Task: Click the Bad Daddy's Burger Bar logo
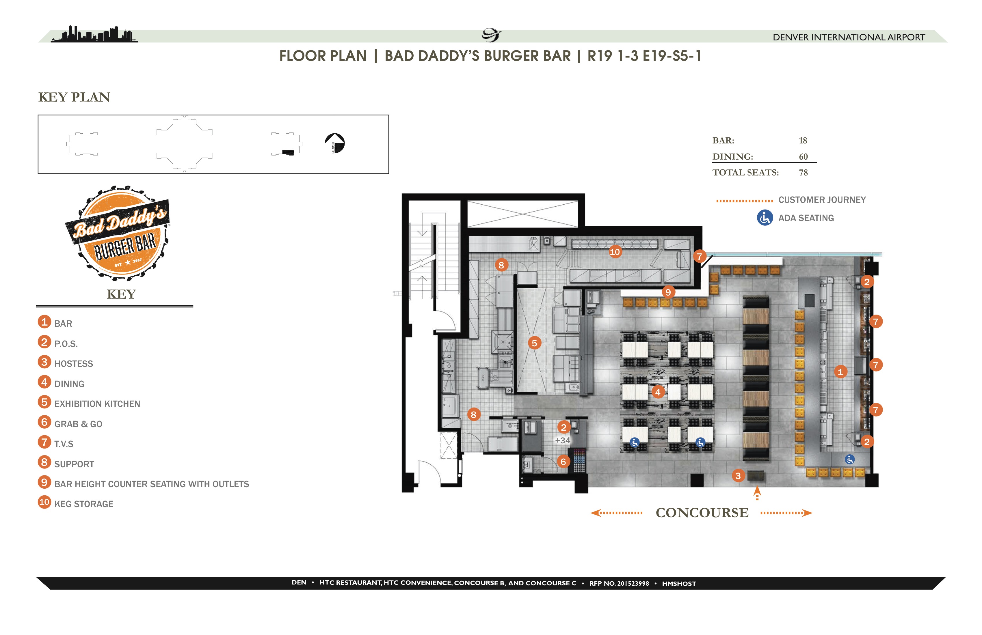click(x=118, y=233)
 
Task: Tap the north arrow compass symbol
click(x=335, y=143)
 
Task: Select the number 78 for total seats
click(x=803, y=173)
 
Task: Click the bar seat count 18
click(x=803, y=141)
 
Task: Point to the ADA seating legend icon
click(x=765, y=218)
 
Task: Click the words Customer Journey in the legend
click(x=822, y=200)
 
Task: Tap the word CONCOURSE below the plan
click(x=702, y=513)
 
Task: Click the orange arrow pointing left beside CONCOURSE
click(x=616, y=513)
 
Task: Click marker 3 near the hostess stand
click(x=738, y=476)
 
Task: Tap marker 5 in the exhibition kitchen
click(x=534, y=343)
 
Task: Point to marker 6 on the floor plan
click(x=563, y=462)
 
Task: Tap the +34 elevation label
click(x=562, y=440)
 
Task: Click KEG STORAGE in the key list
click(x=84, y=504)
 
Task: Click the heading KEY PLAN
click(x=74, y=97)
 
